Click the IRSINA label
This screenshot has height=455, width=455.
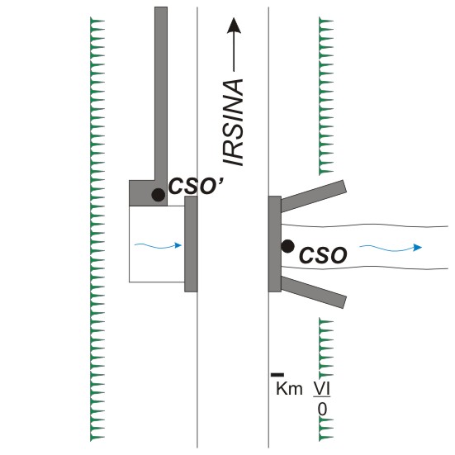coord(233,122)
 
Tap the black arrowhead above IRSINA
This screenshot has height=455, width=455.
coord(234,26)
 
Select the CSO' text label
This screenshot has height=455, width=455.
coord(197,186)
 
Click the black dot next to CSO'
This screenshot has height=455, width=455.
coord(159,195)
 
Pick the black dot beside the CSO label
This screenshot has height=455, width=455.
coord(288,246)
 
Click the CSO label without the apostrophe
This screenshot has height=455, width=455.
coord(323,255)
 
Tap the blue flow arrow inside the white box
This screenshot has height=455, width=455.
coord(159,246)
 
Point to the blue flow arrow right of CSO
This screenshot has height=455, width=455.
coord(391,248)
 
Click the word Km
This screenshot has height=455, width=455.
coord(289,388)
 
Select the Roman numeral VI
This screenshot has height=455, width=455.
coord(321,388)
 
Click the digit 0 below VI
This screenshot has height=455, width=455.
coord(322,410)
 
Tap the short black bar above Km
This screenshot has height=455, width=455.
coord(277,375)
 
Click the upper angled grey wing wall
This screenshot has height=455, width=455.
coord(314,196)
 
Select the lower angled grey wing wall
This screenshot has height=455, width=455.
coord(314,292)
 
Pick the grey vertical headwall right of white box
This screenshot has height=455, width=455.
coord(191,244)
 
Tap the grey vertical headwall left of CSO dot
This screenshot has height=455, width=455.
coord(274,244)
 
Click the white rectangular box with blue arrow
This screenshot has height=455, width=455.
coord(157,244)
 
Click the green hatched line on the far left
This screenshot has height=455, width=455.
coord(97,230)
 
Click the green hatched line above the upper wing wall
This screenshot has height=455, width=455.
coord(326,97)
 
